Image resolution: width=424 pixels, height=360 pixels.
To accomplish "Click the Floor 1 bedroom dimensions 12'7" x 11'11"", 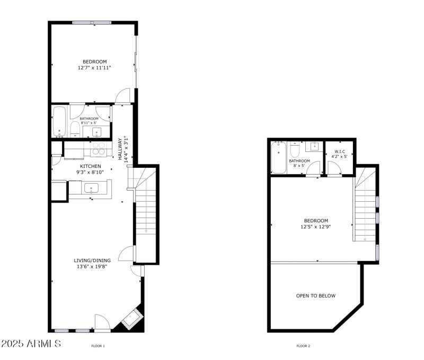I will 94,68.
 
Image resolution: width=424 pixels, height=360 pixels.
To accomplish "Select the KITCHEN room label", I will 90,166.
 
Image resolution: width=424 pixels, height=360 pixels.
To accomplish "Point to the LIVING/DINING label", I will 92,260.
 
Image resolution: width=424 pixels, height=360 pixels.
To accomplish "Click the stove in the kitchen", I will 98,149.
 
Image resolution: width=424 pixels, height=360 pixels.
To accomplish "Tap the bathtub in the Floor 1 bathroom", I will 59,121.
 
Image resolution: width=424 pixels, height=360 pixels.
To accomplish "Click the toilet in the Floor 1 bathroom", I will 75,129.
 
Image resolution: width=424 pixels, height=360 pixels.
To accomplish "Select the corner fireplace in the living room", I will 130,319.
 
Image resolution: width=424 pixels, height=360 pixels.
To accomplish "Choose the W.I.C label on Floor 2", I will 339,151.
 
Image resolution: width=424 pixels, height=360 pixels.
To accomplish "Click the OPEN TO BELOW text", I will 315,296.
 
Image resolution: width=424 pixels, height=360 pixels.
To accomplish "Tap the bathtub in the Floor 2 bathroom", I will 278,157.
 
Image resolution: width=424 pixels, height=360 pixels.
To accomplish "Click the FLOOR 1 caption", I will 98,346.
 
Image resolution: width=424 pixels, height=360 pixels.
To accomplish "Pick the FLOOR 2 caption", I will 303,346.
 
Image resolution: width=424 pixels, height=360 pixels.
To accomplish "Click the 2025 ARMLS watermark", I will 31,344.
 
